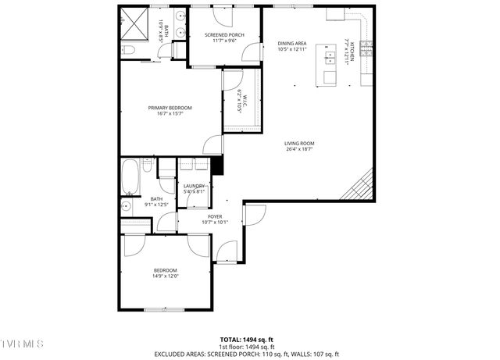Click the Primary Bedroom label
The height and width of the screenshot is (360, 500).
point(170,108)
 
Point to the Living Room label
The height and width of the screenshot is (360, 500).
point(298,144)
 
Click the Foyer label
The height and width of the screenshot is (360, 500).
point(215,216)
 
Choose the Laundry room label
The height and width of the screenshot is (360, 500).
point(194,186)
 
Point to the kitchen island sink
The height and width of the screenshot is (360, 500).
point(330,58)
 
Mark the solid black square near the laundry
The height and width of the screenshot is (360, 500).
point(218,166)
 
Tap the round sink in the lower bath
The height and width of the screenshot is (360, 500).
point(127,206)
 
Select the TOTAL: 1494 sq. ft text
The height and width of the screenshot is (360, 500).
point(246,340)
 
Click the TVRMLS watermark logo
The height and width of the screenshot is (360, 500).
point(22,344)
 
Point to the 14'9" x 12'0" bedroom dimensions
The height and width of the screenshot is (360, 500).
point(165,276)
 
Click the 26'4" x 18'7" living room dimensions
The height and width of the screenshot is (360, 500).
point(298,149)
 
